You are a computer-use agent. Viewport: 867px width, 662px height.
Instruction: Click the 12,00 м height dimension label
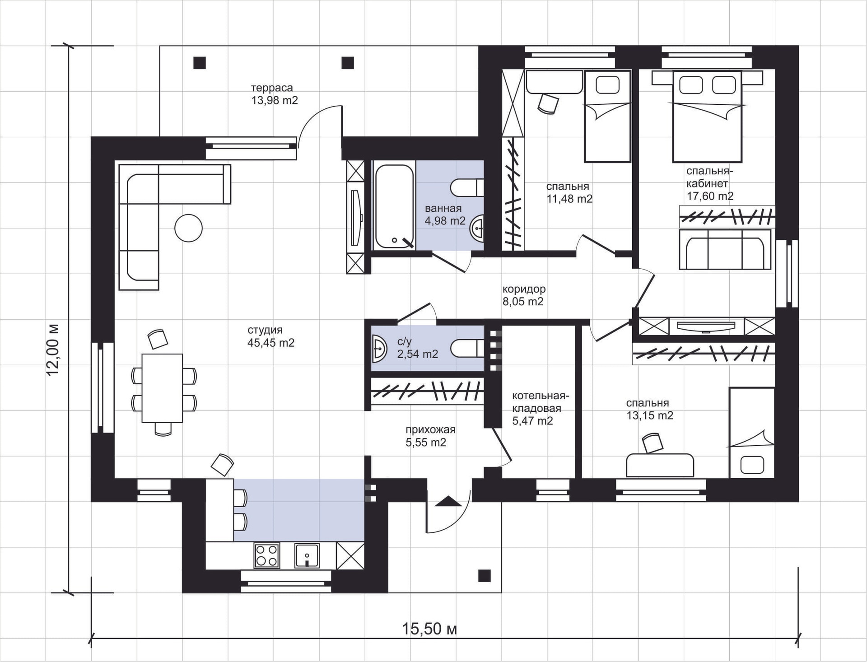pos(52,349)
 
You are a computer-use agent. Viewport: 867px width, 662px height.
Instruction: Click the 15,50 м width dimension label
pos(429,628)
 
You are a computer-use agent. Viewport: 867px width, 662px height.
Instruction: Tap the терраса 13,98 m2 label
pos(274,94)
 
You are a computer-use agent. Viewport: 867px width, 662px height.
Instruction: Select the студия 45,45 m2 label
pos(270,336)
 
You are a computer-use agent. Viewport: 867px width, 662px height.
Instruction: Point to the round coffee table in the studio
pos(188,228)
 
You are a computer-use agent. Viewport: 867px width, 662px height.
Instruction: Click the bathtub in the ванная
pos(394,206)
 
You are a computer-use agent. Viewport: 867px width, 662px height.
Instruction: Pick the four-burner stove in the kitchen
pos(266,555)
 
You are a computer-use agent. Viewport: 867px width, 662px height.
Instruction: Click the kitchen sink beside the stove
pos(307,555)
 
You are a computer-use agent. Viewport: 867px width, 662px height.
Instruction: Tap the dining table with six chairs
pos(162,388)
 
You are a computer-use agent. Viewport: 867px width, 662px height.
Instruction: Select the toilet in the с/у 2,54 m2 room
pos(467,348)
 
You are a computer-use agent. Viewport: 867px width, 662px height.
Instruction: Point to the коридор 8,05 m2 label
pos(524,295)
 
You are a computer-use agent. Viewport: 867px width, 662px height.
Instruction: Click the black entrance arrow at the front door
pos(448,501)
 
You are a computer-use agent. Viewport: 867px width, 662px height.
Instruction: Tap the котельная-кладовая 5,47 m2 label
pos(540,408)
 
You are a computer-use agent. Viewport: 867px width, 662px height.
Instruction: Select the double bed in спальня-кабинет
pos(707,116)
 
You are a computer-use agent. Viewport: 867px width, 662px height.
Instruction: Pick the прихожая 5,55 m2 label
pos(430,436)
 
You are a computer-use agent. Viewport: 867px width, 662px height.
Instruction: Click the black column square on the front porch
pos(485,576)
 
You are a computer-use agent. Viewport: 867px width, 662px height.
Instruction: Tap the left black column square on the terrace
pos(200,62)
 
